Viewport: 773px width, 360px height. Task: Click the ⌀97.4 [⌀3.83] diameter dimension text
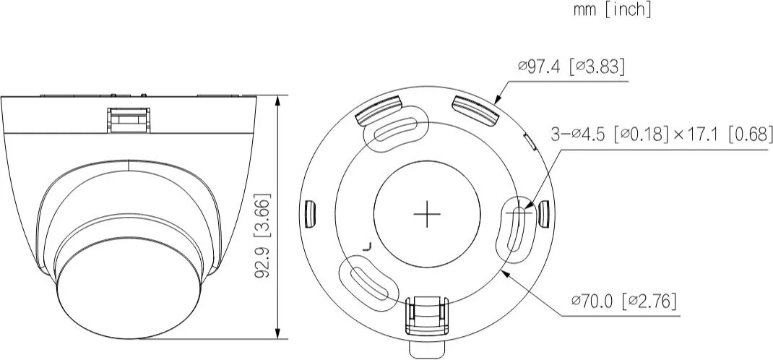tap(571, 67)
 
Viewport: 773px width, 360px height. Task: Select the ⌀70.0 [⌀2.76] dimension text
tap(623, 301)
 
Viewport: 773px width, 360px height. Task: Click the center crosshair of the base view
tap(428, 213)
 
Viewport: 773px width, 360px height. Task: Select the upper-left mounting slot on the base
tap(397, 131)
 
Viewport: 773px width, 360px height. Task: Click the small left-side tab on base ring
tap(311, 212)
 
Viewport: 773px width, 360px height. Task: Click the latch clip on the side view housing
tap(129, 119)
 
